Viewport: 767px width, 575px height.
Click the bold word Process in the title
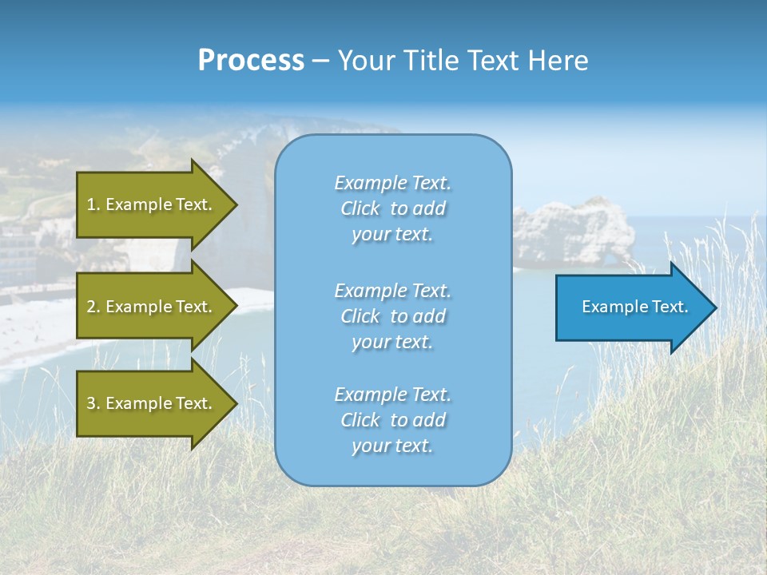(251, 61)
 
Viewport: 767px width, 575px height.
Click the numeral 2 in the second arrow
(92, 307)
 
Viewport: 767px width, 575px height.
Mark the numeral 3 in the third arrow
(92, 403)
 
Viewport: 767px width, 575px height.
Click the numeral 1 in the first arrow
(92, 204)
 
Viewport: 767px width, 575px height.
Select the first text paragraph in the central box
(392, 208)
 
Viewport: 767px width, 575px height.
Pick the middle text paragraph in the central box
(392, 316)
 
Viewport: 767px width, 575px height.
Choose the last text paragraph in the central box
(392, 420)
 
